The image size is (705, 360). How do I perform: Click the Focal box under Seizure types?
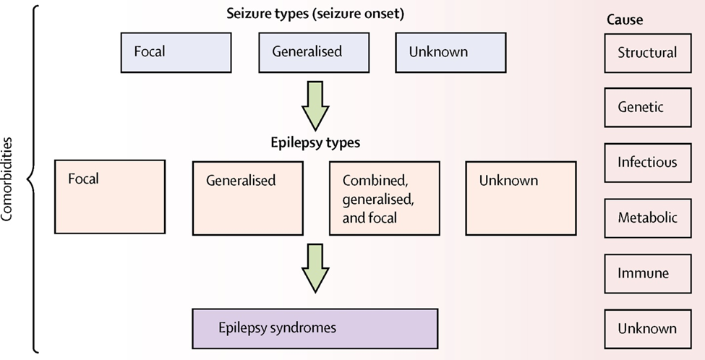176,53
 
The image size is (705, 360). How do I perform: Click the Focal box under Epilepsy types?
110,197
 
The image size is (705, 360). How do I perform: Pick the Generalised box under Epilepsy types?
247,198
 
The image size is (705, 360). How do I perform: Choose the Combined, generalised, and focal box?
384,198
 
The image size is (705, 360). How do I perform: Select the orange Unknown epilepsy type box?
521,198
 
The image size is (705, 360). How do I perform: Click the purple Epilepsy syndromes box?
315,328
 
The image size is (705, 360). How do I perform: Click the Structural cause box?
646,53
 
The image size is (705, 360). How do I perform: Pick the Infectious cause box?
646,162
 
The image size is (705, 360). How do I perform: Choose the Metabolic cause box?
646,218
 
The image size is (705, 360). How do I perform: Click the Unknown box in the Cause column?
646,328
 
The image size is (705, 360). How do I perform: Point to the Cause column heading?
624,20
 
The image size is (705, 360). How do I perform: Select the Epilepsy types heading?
315,142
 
